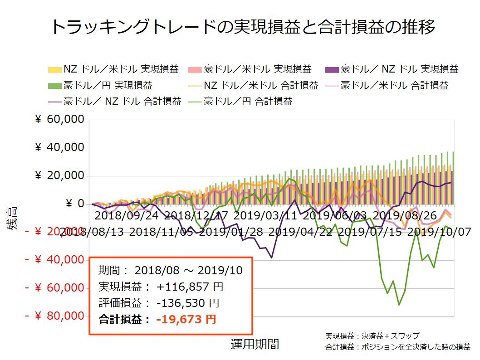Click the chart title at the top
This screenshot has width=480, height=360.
point(243,27)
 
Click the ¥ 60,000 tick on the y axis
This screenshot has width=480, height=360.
point(60,120)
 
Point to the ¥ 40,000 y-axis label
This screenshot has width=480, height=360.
point(60,148)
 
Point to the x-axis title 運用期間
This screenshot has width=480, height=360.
point(255,344)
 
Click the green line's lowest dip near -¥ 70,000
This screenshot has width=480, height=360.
point(399,305)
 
